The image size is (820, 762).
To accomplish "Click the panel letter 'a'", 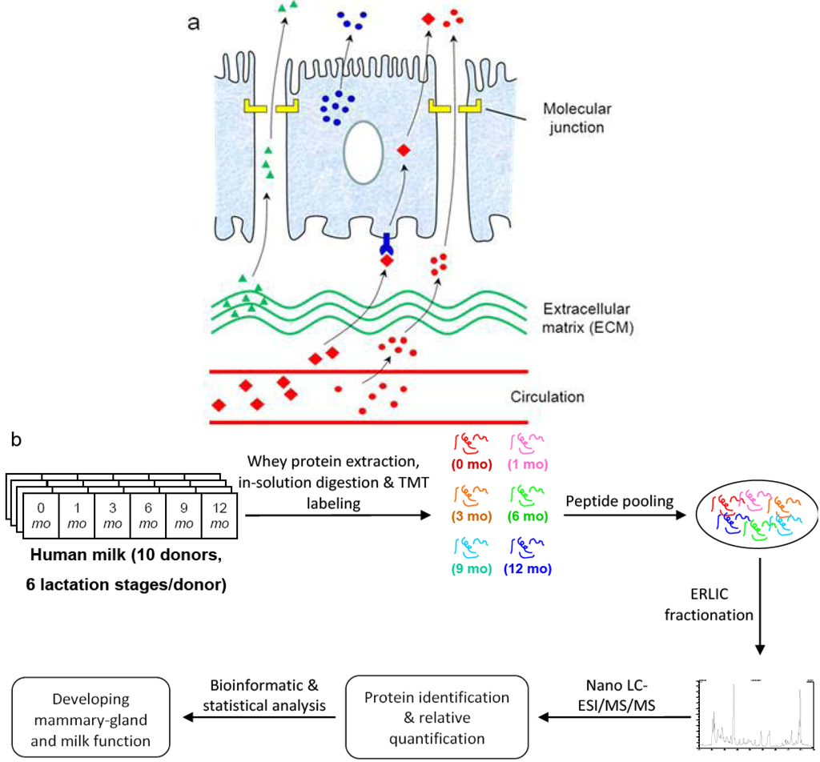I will [194, 22].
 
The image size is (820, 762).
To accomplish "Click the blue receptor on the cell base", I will [387, 243].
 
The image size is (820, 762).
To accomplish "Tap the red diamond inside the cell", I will [404, 150].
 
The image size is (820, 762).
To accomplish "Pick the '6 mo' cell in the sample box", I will [149, 515].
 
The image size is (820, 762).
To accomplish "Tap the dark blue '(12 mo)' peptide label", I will [527, 570].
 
